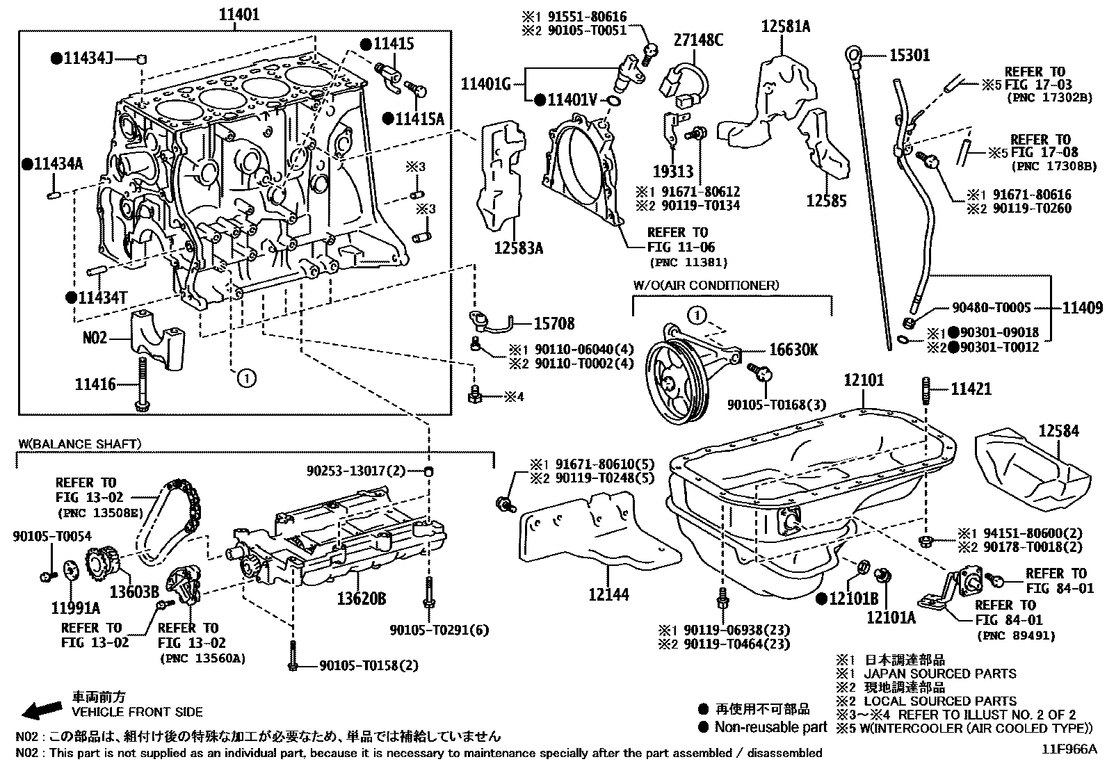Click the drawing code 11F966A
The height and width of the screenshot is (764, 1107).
1068,749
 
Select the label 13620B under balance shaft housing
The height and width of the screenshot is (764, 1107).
362,599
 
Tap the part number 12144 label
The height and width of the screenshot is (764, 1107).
608,594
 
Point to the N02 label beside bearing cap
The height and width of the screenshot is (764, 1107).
95,338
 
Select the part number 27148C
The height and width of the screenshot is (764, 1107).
698,40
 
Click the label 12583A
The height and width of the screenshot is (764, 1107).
519,246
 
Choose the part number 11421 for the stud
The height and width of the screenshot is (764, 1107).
971,390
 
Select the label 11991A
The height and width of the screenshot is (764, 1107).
75,609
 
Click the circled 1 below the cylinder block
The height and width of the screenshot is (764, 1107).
246,378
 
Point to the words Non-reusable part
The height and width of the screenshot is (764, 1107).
771,727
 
